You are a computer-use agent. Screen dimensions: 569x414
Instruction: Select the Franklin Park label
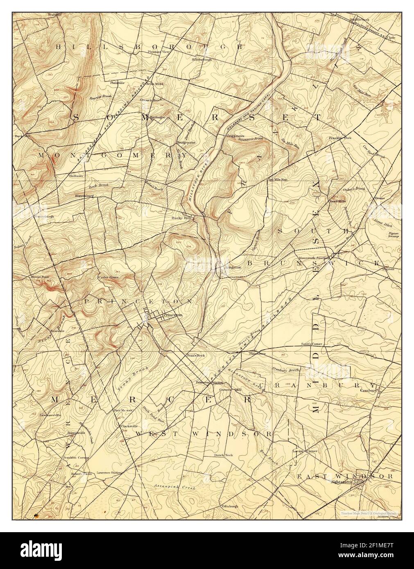click(340, 138)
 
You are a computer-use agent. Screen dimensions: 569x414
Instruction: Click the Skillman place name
click(76, 175)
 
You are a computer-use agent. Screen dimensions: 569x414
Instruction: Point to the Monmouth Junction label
click(314, 258)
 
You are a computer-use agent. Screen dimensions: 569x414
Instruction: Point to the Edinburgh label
click(229, 506)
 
